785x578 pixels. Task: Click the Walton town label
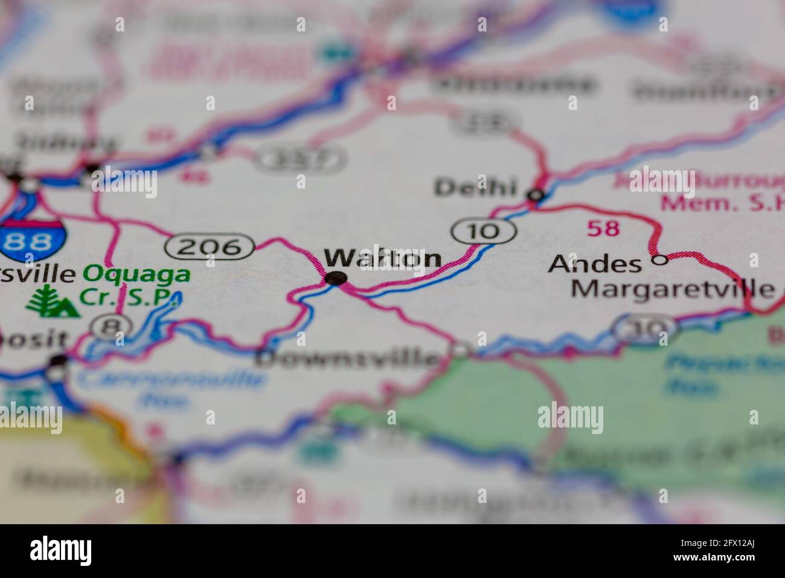(383, 258)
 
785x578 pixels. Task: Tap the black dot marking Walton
(335, 278)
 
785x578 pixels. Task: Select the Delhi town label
(476, 187)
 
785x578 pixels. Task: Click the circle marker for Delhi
(536, 195)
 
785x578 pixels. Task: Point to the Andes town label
(586, 264)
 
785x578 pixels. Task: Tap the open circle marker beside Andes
(661, 260)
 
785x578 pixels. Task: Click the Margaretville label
(673, 288)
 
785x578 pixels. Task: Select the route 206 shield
(210, 246)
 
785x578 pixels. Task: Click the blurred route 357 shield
(300, 159)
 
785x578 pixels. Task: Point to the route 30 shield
(644, 328)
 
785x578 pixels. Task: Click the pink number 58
(603, 228)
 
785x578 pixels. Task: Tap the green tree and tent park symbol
(53, 301)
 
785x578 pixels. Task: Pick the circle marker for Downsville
(461, 350)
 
